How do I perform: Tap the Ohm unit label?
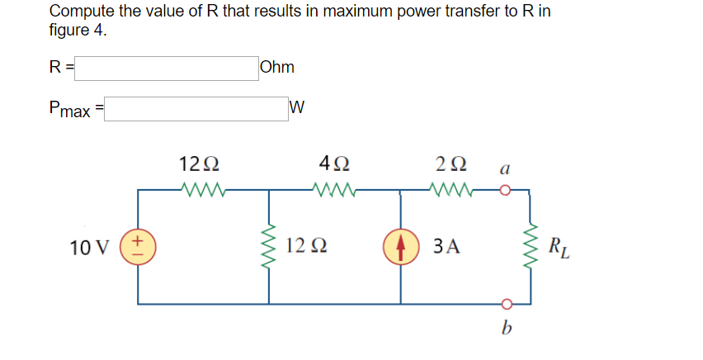click(276, 68)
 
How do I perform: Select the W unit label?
click(298, 107)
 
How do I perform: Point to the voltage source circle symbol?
click(139, 246)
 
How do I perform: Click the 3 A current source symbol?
click(400, 246)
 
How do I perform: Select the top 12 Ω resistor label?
click(199, 163)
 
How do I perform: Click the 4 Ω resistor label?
click(333, 163)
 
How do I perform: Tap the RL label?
click(558, 246)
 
